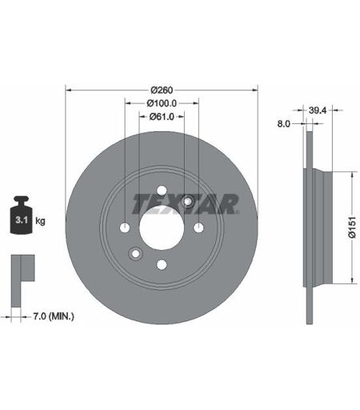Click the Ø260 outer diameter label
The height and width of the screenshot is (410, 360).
coord(162,90)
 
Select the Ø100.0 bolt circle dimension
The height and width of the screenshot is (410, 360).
coord(162,103)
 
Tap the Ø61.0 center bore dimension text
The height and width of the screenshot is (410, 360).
coord(162,117)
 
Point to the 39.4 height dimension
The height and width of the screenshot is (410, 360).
coord(318,111)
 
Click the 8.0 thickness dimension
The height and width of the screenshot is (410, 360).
coord(284,124)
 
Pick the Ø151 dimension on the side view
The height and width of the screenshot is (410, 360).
coord(352,227)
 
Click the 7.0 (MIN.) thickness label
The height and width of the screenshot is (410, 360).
coord(54,316)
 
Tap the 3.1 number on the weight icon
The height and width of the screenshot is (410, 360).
coord(22,220)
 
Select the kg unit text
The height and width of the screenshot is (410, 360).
coord(40,221)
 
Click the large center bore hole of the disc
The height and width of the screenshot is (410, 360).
coord(162,227)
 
